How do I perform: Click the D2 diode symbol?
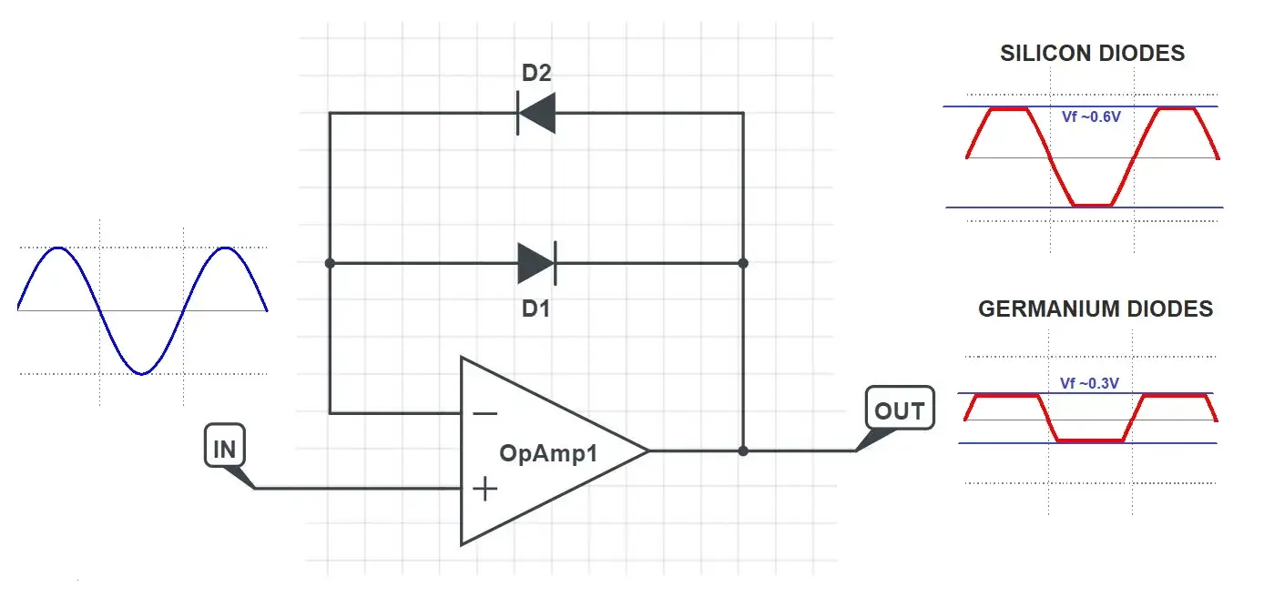pos(535,113)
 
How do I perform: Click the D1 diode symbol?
pos(535,263)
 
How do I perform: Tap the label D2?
pos(536,73)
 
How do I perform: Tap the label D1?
pos(535,309)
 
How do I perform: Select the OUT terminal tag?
pos(899,410)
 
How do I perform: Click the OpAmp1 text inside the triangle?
pos(548,452)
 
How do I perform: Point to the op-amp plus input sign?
pos(485,489)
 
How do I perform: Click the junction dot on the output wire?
pos(743,450)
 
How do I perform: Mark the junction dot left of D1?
pos(330,263)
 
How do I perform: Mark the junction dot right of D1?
pos(743,263)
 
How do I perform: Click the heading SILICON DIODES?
pos(1092,53)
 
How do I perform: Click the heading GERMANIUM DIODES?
pos(1095,309)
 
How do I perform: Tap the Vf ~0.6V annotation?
pos(1091,116)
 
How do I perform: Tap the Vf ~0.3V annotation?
pos(1089,384)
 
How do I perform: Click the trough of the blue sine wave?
pos(141,373)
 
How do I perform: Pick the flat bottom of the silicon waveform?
pos(1092,205)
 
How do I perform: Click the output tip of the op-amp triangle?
pos(647,450)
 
